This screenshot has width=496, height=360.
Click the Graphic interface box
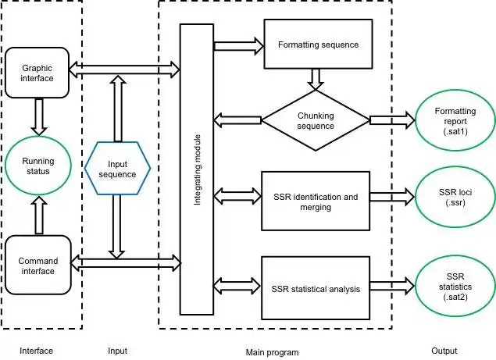(37, 73)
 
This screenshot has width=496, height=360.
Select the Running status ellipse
(37, 166)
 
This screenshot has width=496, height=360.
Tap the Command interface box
(37, 266)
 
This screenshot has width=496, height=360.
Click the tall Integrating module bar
(196, 169)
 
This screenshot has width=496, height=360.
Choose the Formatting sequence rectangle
(318, 45)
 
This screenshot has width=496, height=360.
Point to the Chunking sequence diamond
(316, 120)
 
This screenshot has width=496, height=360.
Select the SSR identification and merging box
(316, 201)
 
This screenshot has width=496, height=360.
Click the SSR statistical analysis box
(316, 289)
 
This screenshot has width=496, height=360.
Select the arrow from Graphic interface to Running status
(37, 116)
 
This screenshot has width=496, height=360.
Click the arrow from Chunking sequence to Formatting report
(393, 119)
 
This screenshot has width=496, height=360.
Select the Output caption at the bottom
(444, 351)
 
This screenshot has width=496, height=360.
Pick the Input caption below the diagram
(117, 351)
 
